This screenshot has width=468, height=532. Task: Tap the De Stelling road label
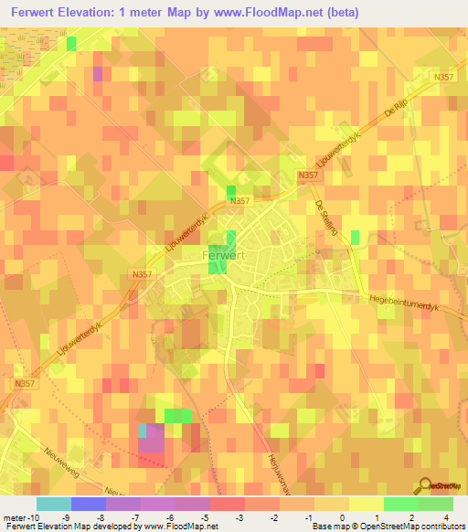coord(325,218)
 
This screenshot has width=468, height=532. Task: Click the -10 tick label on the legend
coord(18,516)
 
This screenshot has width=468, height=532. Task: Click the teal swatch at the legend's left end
coord(53,504)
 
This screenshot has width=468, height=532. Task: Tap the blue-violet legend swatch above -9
coord(88,504)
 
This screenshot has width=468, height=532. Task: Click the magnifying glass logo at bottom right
coord(427,485)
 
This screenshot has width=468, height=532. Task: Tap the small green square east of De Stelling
coord(355,237)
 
